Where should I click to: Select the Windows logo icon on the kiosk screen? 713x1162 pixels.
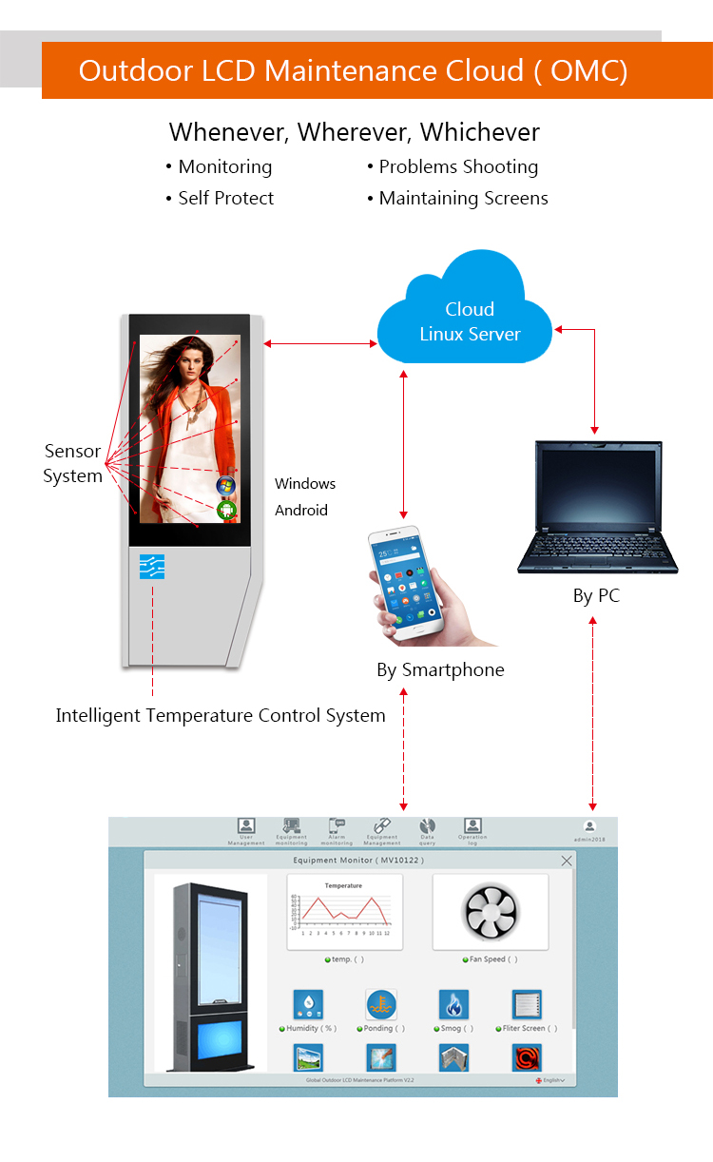(x=225, y=486)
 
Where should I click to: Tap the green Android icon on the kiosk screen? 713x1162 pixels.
(x=226, y=510)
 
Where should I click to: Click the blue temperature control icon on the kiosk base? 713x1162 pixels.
(x=152, y=567)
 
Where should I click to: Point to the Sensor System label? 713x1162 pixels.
(x=72, y=463)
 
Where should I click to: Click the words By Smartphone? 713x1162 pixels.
(x=440, y=669)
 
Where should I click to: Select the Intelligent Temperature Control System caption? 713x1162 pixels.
(x=221, y=715)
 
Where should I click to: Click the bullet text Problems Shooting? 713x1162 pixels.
(x=458, y=167)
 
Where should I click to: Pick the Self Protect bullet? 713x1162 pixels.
(x=225, y=198)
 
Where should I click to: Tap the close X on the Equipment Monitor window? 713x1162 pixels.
(x=567, y=861)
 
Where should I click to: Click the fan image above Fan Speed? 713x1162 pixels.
(x=491, y=913)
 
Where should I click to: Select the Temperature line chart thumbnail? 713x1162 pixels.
(x=344, y=911)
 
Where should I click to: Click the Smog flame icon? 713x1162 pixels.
(x=453, y=1004)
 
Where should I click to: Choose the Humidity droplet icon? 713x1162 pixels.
(x=308, y=1004)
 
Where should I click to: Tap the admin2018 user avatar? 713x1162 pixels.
(x=589, y=826)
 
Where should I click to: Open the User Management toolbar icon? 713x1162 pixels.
(x=246, y=825)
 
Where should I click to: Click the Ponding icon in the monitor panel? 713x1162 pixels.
(x=381, y=1004)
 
